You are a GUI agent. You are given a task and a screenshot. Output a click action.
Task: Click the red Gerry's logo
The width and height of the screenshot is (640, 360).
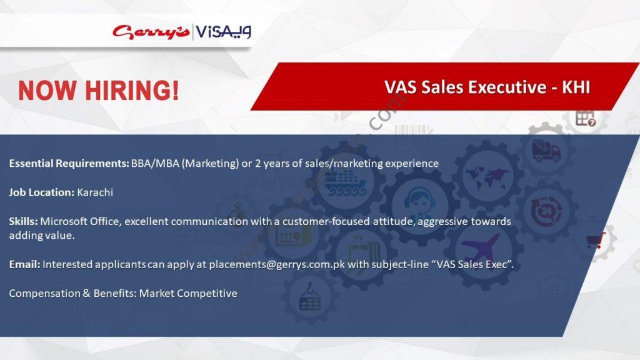[x=151, y=31]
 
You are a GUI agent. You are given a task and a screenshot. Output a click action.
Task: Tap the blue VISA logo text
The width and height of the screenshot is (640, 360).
[x=223, y=31]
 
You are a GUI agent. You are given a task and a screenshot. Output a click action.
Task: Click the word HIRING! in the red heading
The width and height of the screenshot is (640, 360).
[x=132, y=90]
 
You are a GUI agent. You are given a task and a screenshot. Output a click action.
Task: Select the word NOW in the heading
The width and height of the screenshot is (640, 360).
[x=47, y=90]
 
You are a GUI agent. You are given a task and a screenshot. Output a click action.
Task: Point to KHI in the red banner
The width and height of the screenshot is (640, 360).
[x=576, y=87]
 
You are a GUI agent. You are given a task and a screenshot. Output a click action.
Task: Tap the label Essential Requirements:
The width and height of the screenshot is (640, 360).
[x=69, y=164]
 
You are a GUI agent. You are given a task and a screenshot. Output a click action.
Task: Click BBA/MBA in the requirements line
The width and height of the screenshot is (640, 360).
[x=155, y=163]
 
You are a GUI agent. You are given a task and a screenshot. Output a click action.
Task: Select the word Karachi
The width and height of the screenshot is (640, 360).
[x=95, y=192]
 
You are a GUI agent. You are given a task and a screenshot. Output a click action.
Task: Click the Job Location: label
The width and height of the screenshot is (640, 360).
[x=42, y=192]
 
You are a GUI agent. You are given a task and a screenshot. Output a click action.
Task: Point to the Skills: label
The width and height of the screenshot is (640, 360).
[x=23, y=221]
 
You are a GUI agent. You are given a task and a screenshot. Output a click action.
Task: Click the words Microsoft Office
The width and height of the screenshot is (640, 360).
[x=80, y=221]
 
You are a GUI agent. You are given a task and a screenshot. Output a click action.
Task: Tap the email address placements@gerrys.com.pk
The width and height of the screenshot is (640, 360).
[x=277, y=264]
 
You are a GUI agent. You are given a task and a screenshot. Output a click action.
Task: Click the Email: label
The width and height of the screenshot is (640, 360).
[x=24, y=264]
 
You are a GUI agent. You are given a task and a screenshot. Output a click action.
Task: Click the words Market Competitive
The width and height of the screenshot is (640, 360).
[x=188, y=294]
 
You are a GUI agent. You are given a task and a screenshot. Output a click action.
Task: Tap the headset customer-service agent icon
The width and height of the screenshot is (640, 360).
[x=419, y=202]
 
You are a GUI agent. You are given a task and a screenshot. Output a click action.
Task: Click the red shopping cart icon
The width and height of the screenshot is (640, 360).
[x=596, y=241]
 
